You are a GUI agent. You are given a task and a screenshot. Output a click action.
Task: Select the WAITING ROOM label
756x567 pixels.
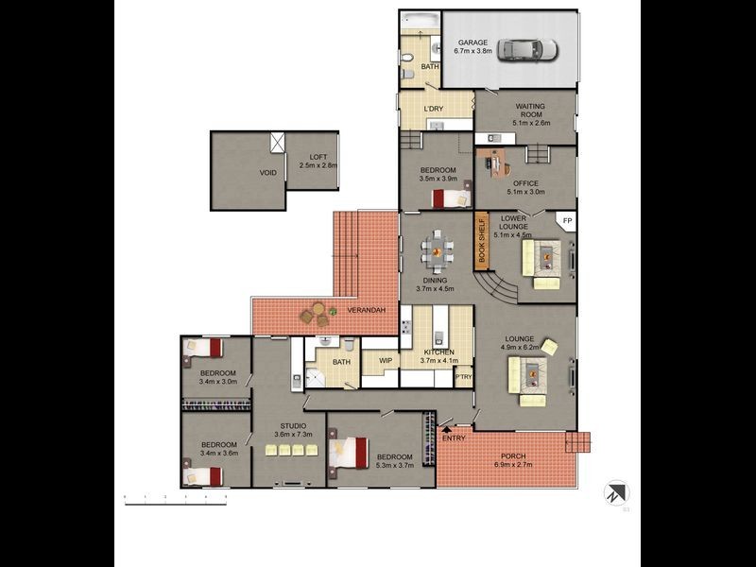tap(528, 110)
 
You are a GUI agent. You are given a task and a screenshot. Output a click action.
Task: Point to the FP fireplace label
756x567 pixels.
tap(567, 221)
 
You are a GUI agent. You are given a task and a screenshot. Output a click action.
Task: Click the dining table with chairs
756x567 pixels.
tap(436, 250)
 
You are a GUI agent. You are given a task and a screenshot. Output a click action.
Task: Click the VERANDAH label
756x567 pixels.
tap(364, 310)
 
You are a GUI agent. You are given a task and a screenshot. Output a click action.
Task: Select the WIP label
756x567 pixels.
tap(386, 360)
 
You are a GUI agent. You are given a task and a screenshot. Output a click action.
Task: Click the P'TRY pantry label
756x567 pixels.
tap(463, 377)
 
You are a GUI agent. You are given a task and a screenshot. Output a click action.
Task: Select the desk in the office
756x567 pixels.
tap(494, 163)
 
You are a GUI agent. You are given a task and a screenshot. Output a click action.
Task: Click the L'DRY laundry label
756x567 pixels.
tap(434, 110)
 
